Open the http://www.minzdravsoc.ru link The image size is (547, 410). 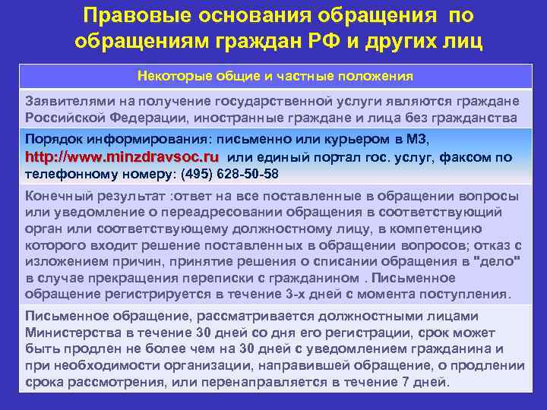click(122, 156)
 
